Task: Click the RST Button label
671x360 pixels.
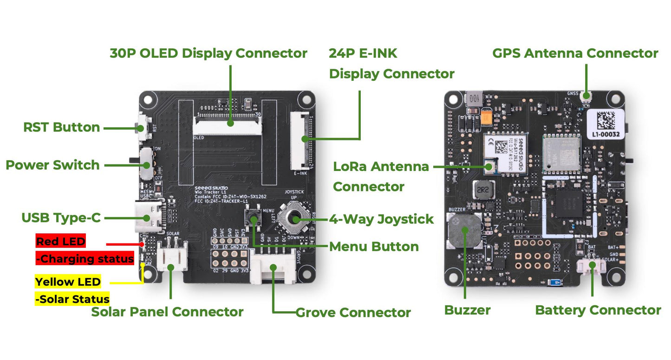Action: (62, 127)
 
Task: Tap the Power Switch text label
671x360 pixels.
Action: (52, 165)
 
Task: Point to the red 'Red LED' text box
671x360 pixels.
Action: (61, 241)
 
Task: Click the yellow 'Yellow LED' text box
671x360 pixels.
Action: (68, 281)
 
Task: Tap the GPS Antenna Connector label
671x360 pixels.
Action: (575, 53)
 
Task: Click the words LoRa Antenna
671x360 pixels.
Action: (381, 166)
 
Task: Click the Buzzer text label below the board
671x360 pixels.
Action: (467, 310)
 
